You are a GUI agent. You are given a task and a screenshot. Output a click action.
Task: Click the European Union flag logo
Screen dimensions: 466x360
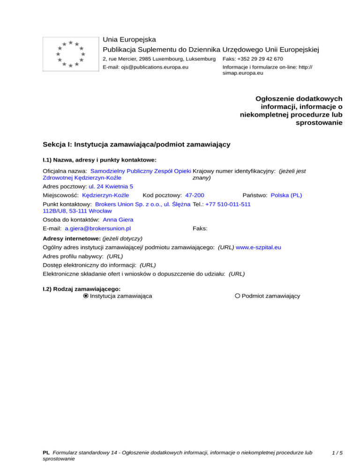[70, 54]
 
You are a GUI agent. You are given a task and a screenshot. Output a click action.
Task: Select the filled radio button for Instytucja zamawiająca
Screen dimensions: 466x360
[85, 296]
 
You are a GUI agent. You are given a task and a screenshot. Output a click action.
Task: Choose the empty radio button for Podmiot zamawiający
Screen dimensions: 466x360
[238, 296]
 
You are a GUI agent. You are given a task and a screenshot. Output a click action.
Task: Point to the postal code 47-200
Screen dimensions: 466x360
[195, 195]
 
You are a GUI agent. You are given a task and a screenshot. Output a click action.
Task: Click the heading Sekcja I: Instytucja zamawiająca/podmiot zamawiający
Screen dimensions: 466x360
[136, 145]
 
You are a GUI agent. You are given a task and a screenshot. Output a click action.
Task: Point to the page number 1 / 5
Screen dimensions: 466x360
[337, 453]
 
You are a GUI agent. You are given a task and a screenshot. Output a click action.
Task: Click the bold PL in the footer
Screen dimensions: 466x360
[46, 453]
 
